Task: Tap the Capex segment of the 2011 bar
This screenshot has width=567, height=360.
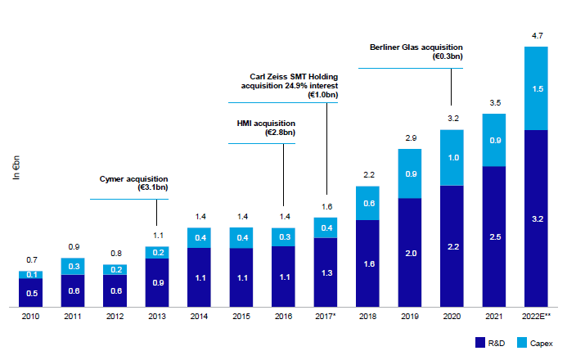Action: click(x=73, y=266)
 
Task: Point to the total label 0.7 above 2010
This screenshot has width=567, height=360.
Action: click(x=30, y=259)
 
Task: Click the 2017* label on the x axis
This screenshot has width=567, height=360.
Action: click(x=326, y=317)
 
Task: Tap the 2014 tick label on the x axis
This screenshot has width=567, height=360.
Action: click(x=199, y=317)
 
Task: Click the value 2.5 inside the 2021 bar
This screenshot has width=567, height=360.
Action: click(x=493, y=236)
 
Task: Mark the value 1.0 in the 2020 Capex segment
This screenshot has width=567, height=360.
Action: click(x=452, y=157)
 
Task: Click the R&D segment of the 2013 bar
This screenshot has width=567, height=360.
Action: click(x=157, y=281)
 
